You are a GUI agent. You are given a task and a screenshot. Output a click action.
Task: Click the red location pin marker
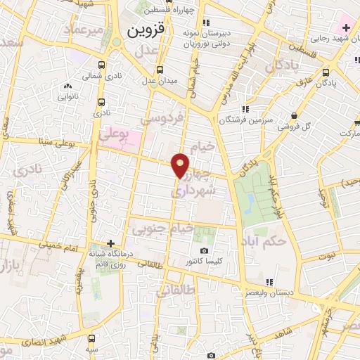(x=181, y=164)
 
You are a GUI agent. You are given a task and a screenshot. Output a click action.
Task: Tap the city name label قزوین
(x=146, y=32)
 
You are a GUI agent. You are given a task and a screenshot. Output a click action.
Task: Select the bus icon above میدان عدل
(x=160, y=69)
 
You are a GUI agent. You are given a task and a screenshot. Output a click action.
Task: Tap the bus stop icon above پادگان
(x=326, y=71)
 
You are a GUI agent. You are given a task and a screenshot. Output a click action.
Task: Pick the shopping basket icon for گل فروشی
(x=292, y=116)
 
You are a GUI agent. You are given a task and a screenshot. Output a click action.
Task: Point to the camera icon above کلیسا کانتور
(x=205, y=251)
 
